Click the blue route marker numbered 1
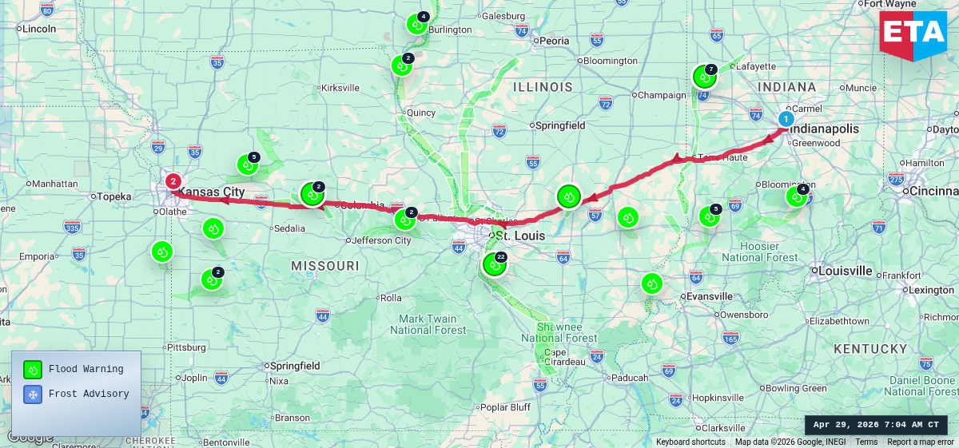click(x=786, y=119)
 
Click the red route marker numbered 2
click(x=173, y=181)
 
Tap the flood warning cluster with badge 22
click(x=495, y=264)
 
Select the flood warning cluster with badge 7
click(x=704, y=77)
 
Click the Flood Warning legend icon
click(x=33, y=369)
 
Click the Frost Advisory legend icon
click(x=33, y=394)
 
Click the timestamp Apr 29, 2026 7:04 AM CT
click(x=876, y=425)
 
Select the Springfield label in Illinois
click(x=560, y=125)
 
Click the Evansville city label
click(x=710, y=296)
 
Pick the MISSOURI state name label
click(x=324, y=265)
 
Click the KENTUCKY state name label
click(x=870, y=349)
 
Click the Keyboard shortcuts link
click(x=690, y=442)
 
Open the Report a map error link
click(x=920, y=442)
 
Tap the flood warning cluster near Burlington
click(x=416, y=24)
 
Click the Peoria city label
click(x=554, y=41)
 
